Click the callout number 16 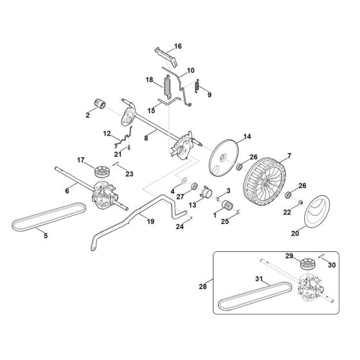coord(178,46)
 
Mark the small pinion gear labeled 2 coord(102,105)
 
